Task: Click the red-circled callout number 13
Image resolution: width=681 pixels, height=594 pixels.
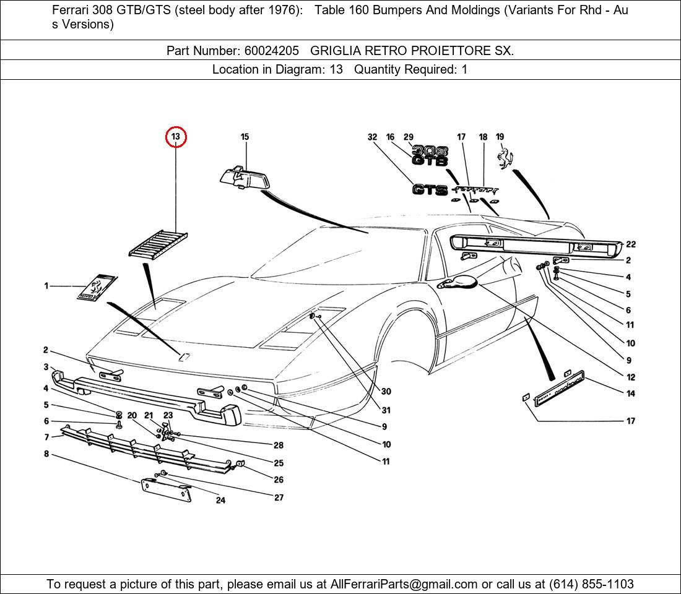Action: point(176,136)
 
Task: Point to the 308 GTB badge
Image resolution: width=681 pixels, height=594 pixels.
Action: point(430,156)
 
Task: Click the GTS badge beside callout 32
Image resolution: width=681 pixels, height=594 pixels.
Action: point(430,190)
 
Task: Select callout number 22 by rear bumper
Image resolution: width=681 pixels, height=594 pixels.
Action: point(631,244)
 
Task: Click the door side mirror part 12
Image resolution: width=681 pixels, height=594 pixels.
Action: point(459,283)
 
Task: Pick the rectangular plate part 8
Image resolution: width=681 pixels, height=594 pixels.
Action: point(166,490)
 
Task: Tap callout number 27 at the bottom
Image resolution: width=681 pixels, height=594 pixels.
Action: point(279,497)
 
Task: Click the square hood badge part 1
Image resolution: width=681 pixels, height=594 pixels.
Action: point(96,287)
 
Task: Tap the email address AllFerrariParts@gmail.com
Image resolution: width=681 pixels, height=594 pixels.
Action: point(404,584)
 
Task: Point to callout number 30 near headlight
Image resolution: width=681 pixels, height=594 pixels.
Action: point(386,392)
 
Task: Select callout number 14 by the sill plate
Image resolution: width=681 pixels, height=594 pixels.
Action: point(630,394)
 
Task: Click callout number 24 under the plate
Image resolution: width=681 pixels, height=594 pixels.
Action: point(220,500)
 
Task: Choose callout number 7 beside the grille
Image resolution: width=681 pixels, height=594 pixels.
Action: point(46,437)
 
